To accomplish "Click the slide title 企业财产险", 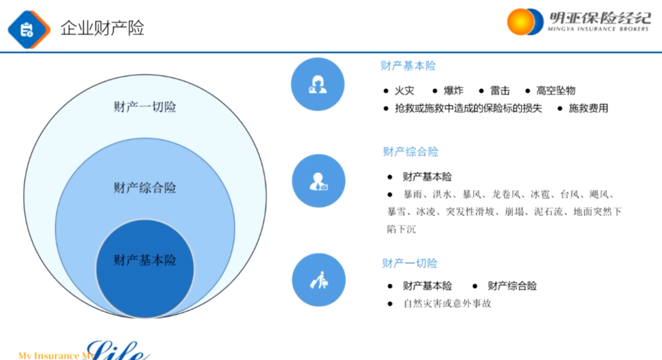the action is tap(102, 28).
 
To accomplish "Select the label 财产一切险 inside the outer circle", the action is tap(145, 107).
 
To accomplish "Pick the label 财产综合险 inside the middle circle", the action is tap(145, 188).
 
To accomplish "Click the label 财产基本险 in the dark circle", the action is tap(145, 260).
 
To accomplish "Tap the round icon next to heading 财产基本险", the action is tap(318, 85).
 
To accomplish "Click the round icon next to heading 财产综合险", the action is tap(318, 181).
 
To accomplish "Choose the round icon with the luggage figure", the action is tap(318, 280).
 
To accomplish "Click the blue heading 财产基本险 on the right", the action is tap(408, 66).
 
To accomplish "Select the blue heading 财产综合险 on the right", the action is tap(411, 152).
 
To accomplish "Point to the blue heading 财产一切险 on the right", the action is tap(410, 263).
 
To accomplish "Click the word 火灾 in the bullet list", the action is tap(405, 91).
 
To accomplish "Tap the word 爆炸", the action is tap(454, 91).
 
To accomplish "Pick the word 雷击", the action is tap(500, 91).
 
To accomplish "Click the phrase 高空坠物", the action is tap(556, 91).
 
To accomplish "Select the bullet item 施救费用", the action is tap(588, 109).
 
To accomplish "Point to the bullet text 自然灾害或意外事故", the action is tap(447, 304).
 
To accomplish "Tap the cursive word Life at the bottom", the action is tap(119, 351).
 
